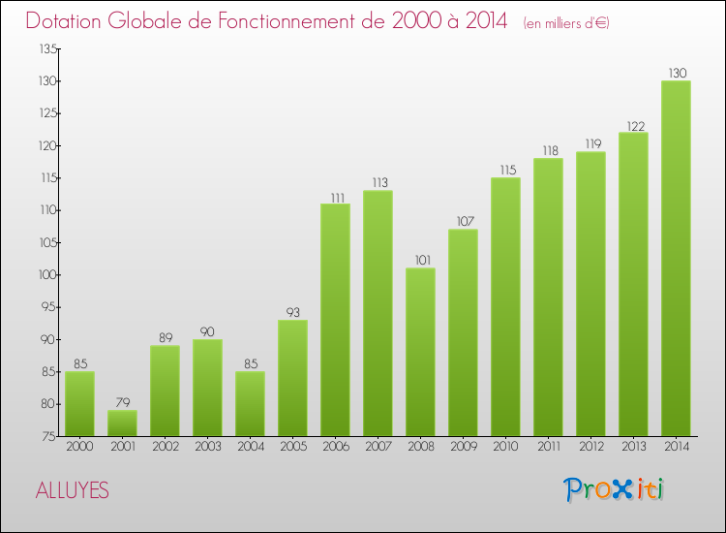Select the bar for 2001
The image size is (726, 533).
point(122,423)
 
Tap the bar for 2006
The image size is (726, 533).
point(335,320)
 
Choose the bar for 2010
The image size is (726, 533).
point(505,306)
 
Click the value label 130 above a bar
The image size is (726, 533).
point(676,74)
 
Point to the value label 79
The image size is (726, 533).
point(122,403)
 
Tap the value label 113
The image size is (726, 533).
point(378,183)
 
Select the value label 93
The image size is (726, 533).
point(292,313)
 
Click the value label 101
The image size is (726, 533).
point(420,261)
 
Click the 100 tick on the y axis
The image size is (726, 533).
point(45,275)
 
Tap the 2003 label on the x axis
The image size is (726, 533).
point(207,447)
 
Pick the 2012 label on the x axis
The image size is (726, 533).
point(590,447)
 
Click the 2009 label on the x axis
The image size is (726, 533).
point(463,447)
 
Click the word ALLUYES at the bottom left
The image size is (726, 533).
point(73,491)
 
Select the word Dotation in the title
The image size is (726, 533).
point(69,21)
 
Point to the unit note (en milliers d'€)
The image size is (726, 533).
point(566,23)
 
